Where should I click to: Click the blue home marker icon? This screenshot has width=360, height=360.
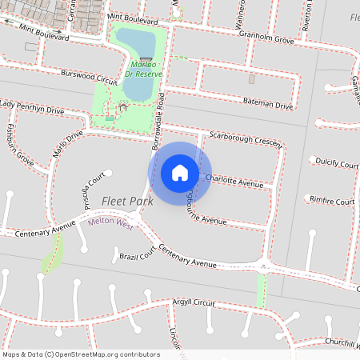(180, 173)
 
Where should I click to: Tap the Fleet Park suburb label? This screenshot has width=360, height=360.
(127, 201)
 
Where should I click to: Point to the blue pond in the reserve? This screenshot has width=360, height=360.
(140, 48)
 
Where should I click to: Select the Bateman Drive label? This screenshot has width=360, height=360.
(268, 103)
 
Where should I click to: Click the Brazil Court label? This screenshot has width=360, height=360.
(136, 255)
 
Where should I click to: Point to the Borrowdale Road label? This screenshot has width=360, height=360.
(158, 121)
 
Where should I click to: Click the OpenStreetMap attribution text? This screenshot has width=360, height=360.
(81, 354)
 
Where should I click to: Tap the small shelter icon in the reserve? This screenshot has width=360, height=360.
(122, 106)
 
